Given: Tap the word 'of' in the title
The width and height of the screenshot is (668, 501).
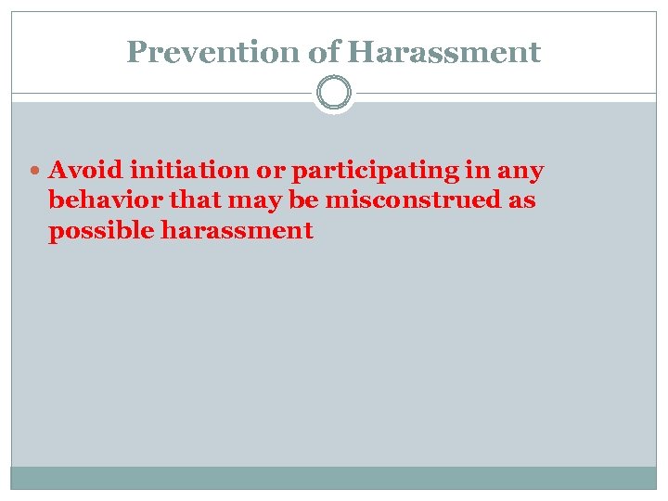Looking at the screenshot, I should click(x=325, y=52).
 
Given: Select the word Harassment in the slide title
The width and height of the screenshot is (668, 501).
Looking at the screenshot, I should click(x=444, y=52).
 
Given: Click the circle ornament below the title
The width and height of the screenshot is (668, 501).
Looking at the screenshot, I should click(x=334, y=94).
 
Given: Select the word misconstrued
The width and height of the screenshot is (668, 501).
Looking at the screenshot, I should click(x=414, y=200).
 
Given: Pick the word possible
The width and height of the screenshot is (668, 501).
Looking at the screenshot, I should click(x=101, y=231).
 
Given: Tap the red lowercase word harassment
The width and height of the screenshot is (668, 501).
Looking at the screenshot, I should click(x=237, y=230).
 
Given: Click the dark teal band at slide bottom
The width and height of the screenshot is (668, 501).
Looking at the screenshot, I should click(x=334, y=477).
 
